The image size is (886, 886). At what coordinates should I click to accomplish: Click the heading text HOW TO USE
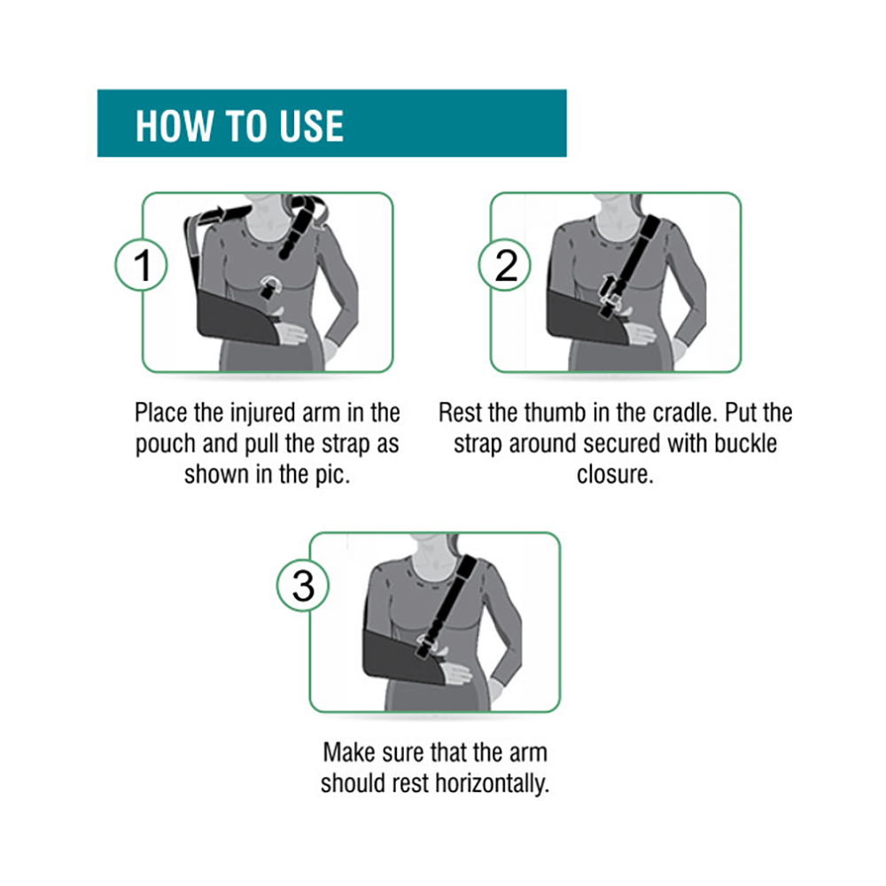pos(239,125)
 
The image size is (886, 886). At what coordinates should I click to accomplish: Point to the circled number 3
pos(303,587)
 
